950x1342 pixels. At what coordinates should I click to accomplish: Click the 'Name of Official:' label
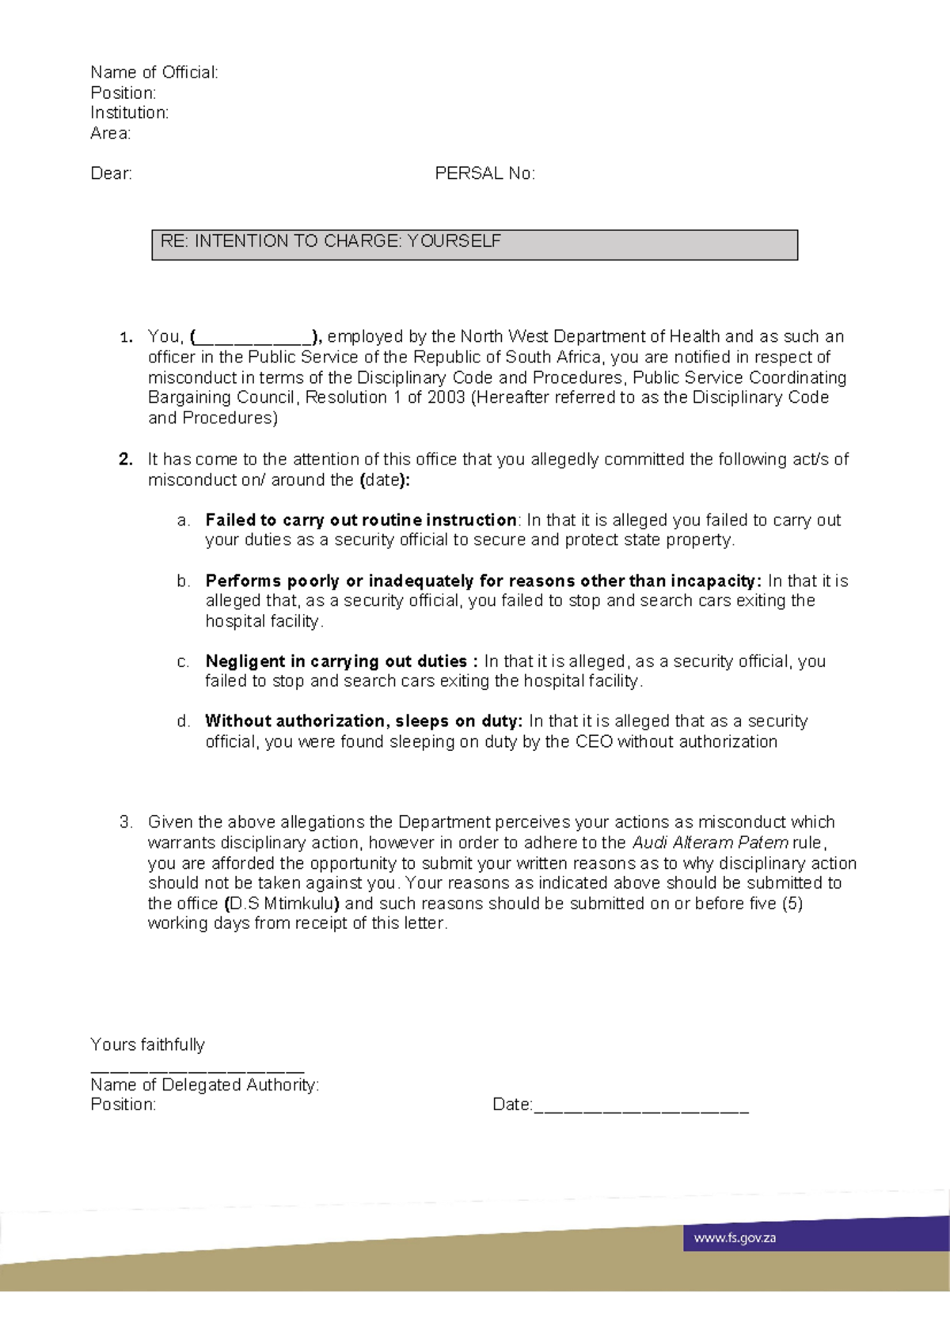[154, 73]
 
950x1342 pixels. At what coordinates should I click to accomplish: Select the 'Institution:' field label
[129, 113]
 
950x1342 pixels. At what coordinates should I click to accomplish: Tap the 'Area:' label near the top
[110, 134]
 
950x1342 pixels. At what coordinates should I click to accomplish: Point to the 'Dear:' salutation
[111, 174]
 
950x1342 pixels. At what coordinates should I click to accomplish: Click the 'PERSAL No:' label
[484, 174]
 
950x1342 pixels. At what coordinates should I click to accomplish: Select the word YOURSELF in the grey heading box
[454, 241]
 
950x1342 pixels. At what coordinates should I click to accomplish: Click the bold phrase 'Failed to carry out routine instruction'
[361, 521]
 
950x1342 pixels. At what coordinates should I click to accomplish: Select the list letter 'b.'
[184, 582]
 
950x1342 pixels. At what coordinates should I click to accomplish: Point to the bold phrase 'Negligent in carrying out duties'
[336, 662]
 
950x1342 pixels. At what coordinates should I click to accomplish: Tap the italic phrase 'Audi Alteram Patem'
[709, 843]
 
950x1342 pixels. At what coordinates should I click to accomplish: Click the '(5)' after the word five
[792, 904]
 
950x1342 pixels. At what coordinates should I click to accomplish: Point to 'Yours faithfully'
[147, 1045]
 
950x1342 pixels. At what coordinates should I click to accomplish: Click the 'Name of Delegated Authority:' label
[204, 1085]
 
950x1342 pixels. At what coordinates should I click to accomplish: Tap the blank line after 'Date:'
[641, 1106]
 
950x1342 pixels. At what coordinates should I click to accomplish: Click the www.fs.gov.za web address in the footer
[735, 1238]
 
